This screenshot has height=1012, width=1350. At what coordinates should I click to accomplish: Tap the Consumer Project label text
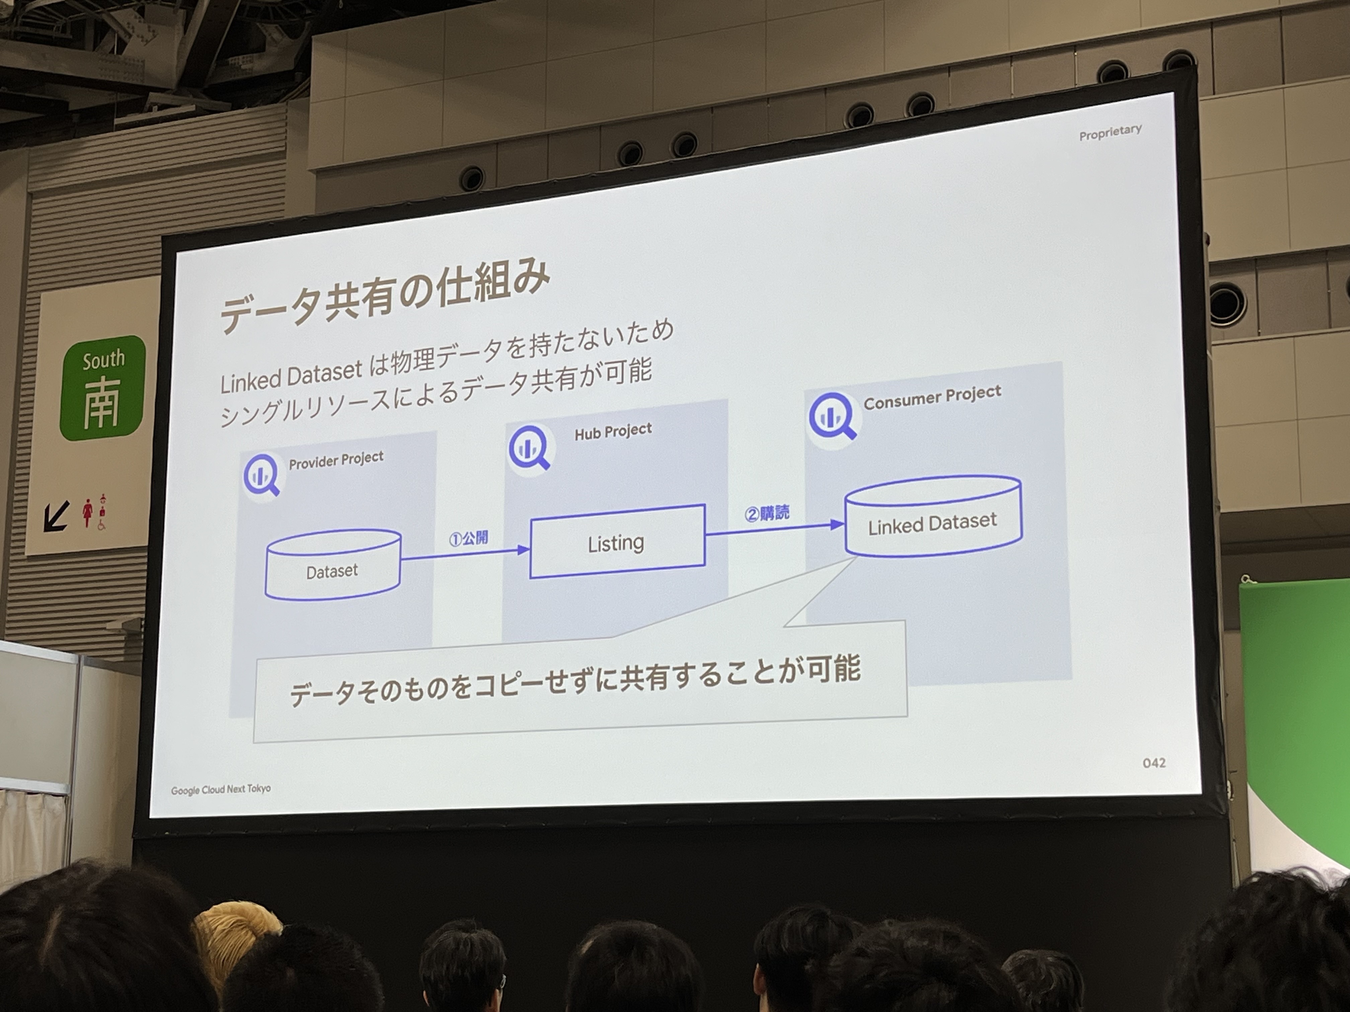[x=932, y=397]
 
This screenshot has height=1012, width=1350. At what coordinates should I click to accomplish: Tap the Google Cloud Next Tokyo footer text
[x=221, y=789]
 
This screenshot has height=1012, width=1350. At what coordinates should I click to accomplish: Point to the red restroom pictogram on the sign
[x=88, y=512]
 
